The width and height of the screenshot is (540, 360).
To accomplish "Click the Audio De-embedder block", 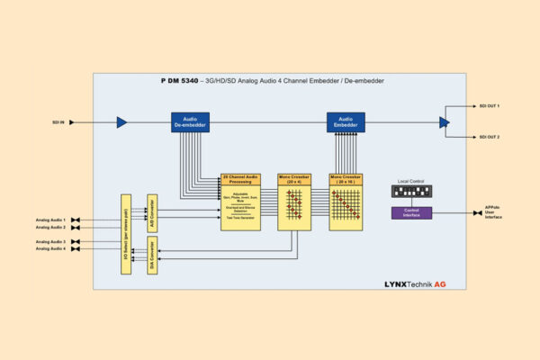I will (x=190, y=122).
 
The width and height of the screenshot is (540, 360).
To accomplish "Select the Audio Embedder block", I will (x=345, y=122).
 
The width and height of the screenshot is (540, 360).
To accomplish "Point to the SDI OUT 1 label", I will (x=487, y=107).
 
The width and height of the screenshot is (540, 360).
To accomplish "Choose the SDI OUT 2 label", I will (x=487, y=137).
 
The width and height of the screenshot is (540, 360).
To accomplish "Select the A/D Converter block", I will (x=153, y=212).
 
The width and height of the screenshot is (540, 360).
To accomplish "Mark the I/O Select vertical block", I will (x=126, y=233).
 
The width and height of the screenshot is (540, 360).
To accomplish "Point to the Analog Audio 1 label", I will (x=50, y=220).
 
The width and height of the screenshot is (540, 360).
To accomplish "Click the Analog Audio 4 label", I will (x=50, y=249).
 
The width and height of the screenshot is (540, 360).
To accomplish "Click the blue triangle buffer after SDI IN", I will (x=121, y=122).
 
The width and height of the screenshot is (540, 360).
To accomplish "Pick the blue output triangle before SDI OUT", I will (x=444, y=122).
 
